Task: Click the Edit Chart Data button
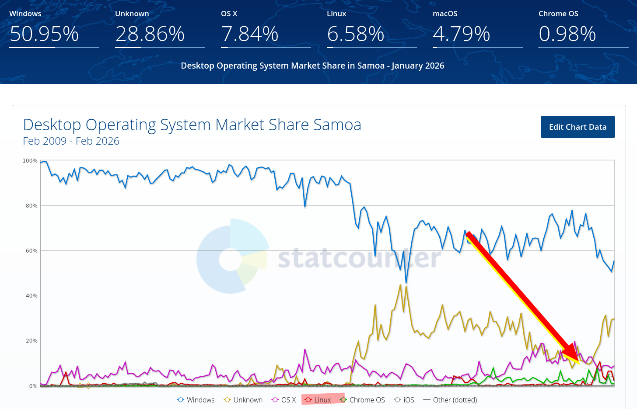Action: click(x=577, y=127)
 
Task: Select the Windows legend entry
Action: click(x=196, y=400)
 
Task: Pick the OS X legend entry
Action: click(x=284, y=400)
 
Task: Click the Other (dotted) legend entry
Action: click(x=450, y=400)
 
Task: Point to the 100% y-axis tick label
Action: click(x=30, y=161)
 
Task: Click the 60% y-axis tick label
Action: click(x=31, y=251)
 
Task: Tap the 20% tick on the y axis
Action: click(x=31, y=341)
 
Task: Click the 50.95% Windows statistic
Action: click(x=44, y=34)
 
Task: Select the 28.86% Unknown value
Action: click(x=150, y=34)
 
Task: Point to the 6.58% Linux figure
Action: click(x=356, y=34)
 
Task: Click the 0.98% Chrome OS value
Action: click(x=567, y=34)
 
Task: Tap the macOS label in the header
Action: click(x=445, y=14)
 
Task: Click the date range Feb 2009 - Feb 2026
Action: click(x=71, y=141)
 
